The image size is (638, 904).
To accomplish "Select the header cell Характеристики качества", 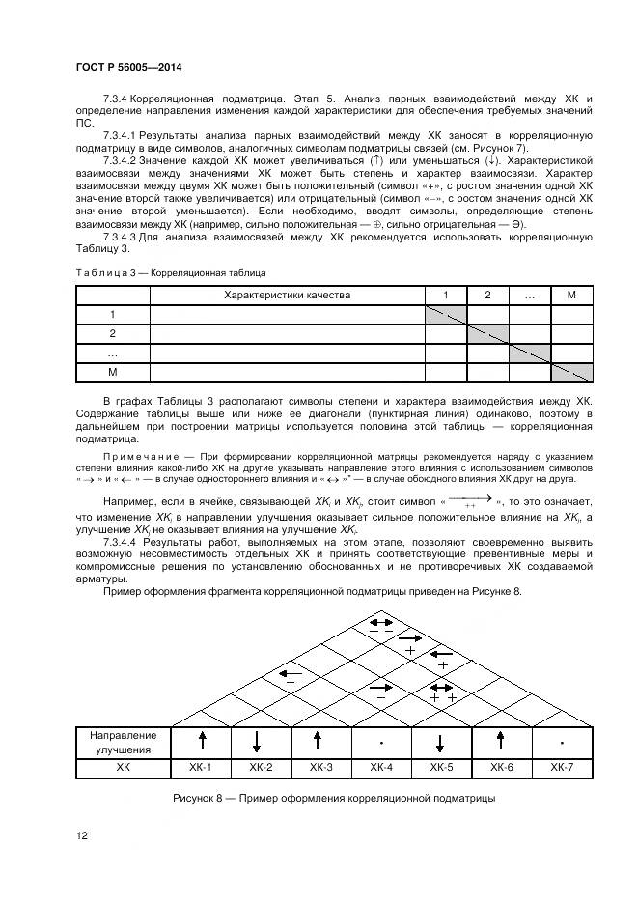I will pos(287,295).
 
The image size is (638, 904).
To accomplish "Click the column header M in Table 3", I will pos(571,295).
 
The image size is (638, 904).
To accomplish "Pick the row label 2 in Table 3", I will pos(113,333).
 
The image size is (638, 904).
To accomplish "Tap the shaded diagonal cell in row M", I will pos(571,372).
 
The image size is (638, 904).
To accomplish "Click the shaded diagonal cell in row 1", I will pos(446,314).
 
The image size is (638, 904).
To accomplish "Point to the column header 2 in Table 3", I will pos(487,295).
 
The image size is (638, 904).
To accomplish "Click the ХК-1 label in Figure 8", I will pos(202,767).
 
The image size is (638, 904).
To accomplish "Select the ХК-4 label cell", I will pos(381,767).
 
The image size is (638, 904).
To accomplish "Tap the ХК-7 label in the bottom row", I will pos(562,767).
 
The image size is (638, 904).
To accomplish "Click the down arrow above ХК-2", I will pos(262,742).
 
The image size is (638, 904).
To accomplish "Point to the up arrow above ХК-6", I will pos(501,741).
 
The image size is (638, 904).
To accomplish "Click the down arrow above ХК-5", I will pos(441,742).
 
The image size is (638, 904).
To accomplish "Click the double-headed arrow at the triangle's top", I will pos(381,623).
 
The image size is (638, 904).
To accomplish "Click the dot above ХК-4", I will pos(382,742).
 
